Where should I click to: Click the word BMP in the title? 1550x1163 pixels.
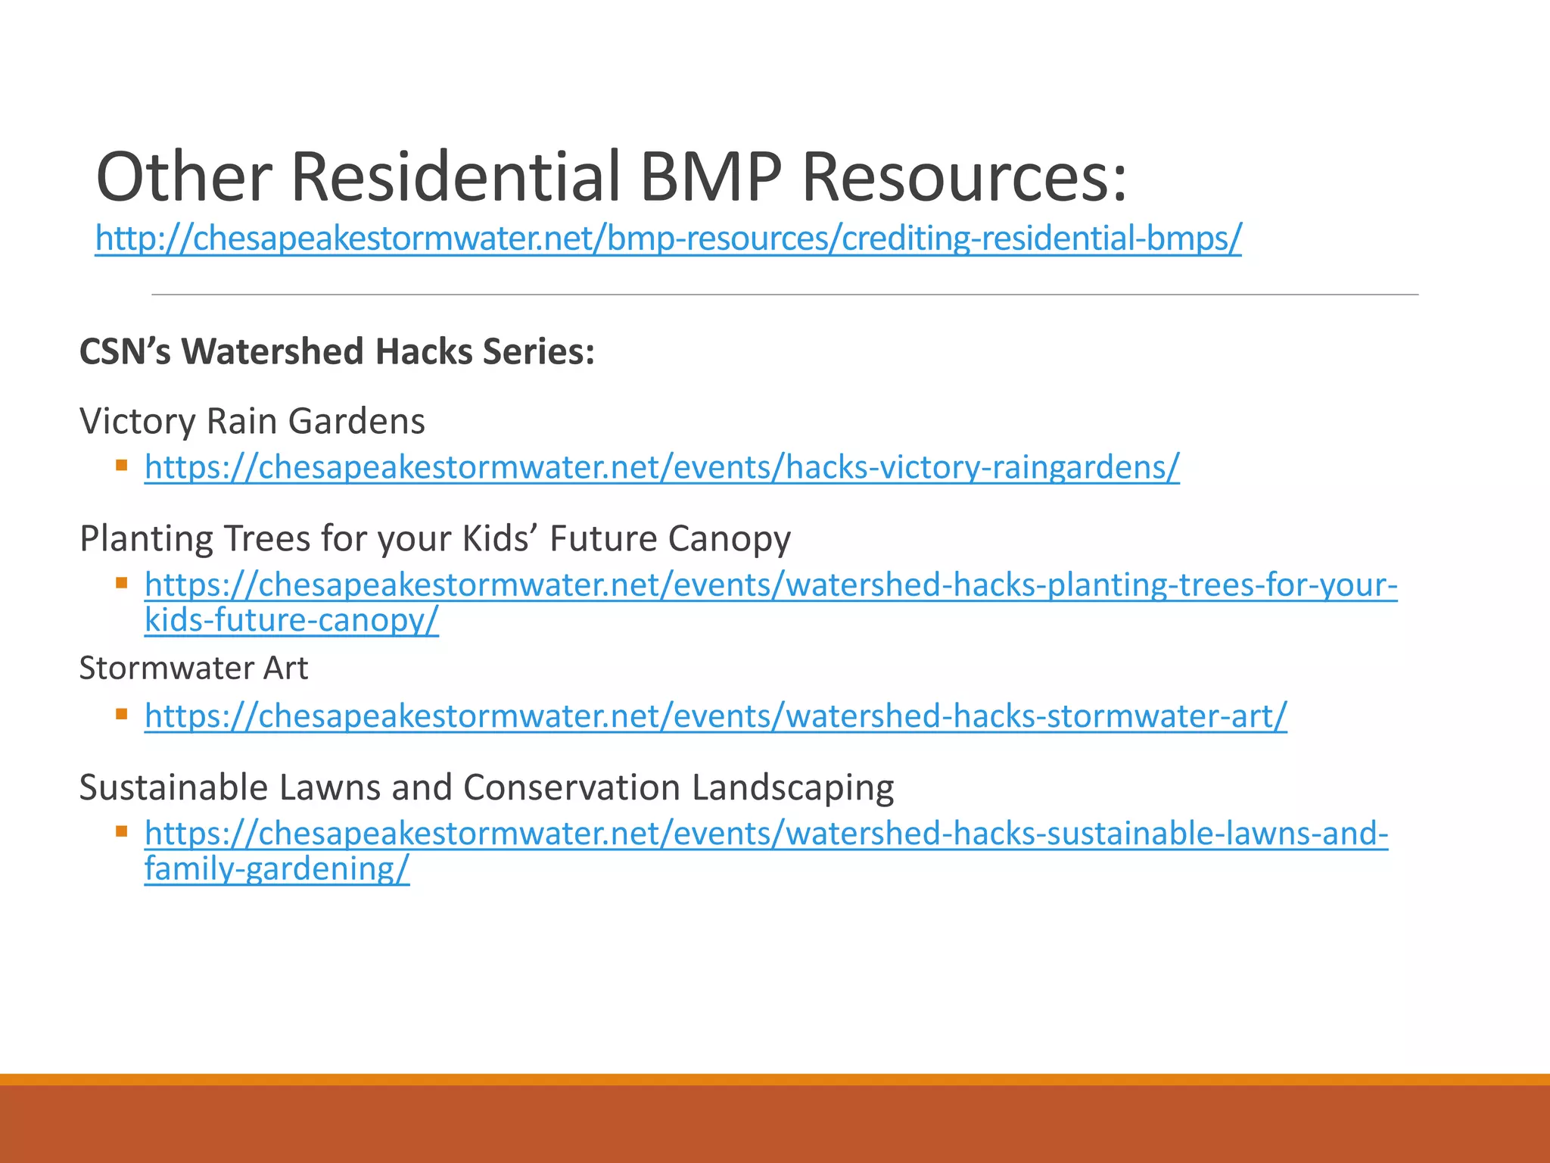click(709, 176)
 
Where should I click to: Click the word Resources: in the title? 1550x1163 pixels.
click(963, 176)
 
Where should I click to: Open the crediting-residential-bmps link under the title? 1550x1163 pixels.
click(668, 239)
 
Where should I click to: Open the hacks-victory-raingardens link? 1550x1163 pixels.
click(661, 467)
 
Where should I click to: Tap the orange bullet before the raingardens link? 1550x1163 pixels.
click(121, 464)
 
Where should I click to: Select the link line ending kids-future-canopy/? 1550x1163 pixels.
click(291, 620)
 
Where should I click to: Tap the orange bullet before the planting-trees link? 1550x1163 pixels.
click(121, 582)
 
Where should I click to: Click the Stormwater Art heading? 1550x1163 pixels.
click(193, 669)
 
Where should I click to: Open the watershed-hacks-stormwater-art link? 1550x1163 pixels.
click(715, 716)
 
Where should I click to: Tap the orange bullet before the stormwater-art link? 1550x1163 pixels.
click(121, 713)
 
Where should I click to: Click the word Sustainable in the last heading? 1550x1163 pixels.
click(173, 787)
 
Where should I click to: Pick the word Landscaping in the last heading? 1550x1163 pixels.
click(792, 787)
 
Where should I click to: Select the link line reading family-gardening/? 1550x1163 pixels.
click(277, 868)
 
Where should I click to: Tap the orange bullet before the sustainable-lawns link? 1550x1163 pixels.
click(121, 831)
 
